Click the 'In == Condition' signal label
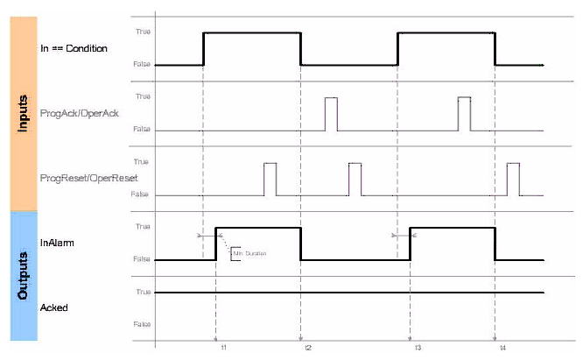[74, 48]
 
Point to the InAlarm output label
[55, 243]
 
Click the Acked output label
[53, 307]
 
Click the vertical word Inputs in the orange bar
[24, 113]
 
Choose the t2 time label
[307, 348]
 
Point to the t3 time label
[418, 348]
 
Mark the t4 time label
[502, 348]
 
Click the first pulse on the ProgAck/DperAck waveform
[331, 114]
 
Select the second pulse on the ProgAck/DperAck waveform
[464, 114]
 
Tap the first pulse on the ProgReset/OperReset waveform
[270, 179]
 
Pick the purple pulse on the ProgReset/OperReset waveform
[355, 179]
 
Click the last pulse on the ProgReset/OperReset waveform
[513, 179]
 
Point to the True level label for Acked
[140, 292]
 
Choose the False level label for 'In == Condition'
[140, 65]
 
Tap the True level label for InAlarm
[140, 227]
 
